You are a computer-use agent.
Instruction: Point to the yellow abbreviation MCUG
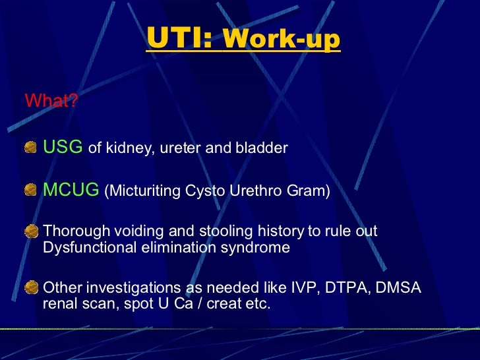point(71,191)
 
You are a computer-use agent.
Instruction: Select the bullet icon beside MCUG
point(31,191)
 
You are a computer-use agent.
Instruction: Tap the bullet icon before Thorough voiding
point(31,232)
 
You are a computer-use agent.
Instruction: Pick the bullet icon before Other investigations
point(31,288)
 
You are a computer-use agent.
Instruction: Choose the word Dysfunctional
point(86,248)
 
